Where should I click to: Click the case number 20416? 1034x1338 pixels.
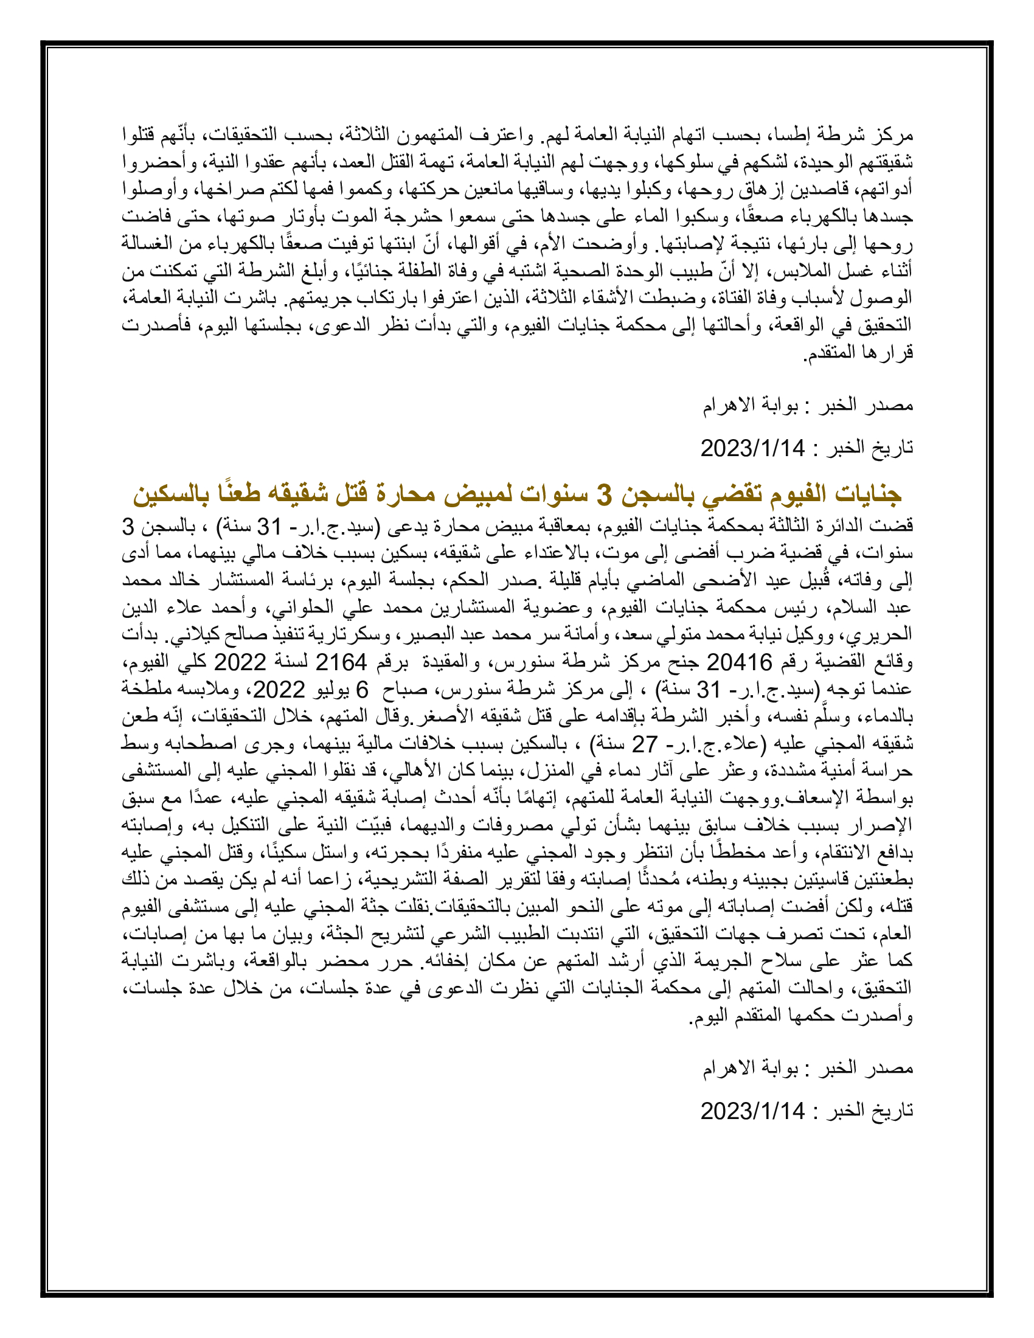[x=731, y=662]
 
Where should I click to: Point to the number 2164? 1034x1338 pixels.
[x=341, y=662]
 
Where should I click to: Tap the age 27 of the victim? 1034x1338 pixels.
[x=644, y=744]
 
